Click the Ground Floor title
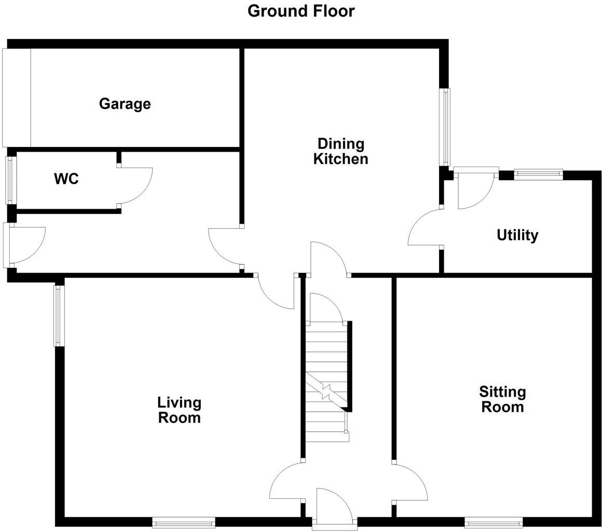(301, 11)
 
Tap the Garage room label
(125, 104)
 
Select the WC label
(66, 179)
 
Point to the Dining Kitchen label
(340, 151)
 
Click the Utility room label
(517, 235)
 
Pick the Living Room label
(179, 410)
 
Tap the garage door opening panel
(17, 98)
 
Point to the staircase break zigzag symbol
(326, 390)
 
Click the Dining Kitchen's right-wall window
(445, 127)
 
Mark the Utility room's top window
(538, 174)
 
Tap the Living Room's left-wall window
(59, 316)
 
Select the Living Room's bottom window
(184, 522)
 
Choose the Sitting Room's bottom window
(494, 522)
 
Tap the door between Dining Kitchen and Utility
(425, 228)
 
